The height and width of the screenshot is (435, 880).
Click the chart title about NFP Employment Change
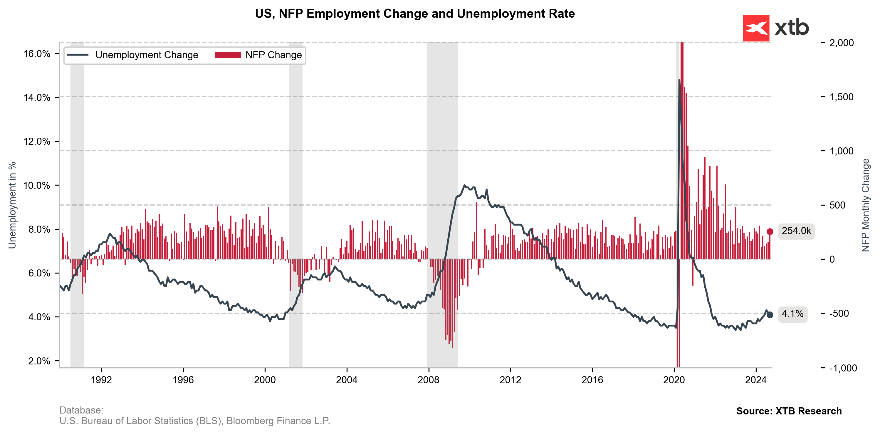(x=415, y=14)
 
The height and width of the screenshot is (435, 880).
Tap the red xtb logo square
(x=756, y=28)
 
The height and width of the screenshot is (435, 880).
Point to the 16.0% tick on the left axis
(x=37, y=54)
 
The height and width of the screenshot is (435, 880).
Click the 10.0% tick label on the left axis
(x=37, y=185)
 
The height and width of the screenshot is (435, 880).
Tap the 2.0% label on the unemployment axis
(x=39, y=361)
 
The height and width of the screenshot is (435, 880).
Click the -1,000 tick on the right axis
(x=843, y=368)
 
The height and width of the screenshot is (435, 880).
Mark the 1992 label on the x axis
(x=101, y=380)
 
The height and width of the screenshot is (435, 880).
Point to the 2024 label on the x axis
(x=756, y=380)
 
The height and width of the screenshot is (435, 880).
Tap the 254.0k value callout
(x=796, y=231)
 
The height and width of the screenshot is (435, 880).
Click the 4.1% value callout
(x=792, y=314)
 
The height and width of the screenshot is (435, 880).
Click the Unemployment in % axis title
(x=12, y=205)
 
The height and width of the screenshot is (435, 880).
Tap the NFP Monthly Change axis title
(x=865, y=205)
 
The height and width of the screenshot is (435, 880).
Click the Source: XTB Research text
(x=789, y=411)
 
